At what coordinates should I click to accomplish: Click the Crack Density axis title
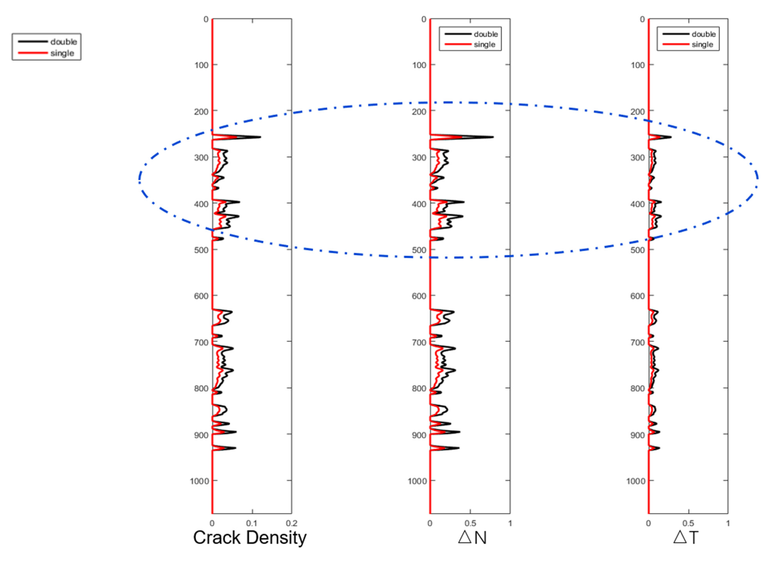click(250, 538)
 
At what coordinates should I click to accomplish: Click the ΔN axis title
click(472, 538)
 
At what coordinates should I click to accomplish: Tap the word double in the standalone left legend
click(64, 42)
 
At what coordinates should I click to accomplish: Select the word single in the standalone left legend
click(62, 53)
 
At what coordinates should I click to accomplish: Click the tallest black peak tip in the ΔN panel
click(493, 137)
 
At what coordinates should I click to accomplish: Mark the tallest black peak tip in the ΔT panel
click(671, 137)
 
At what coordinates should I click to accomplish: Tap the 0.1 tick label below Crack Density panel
click(252, 523)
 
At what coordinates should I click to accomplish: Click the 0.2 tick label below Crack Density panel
click(292, 523)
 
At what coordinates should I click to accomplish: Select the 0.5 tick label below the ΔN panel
click(470, 523)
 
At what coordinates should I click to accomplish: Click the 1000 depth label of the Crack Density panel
click(199, 481)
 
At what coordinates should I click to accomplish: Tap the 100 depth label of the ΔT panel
click(638, 65)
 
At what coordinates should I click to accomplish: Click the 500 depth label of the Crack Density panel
click(201, 250)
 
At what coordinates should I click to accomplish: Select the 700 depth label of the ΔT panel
click(638, 342)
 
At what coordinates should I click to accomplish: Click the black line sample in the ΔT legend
click(676, 34)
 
